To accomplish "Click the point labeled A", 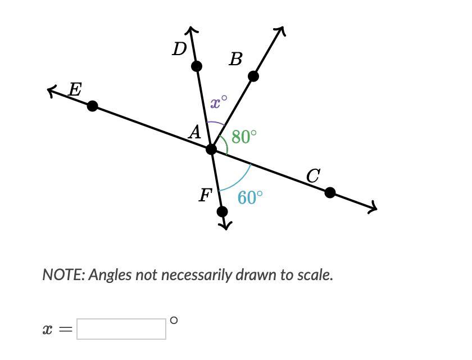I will [x=211, y=149].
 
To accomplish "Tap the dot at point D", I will [x=196, y=66].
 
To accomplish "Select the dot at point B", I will [x=253, y=76].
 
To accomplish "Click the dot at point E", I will [x=93, y=106].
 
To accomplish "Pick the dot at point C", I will [x=330, y=193].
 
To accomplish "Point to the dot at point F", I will [x=222, y=211].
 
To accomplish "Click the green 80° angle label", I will [x=244, y=137].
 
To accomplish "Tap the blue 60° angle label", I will [x=250, y=197].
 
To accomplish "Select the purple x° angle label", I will [x=219, y=102].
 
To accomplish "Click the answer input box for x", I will [x=121, y=329].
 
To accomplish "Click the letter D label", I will [x=179, y=49].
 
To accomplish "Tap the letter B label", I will [x=235, y=59].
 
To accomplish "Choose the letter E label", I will [x=75, y=89].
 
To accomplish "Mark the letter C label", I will [x=313, y=176].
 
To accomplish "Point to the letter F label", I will [x=205, y=195].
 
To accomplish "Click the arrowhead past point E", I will [x=52, y=91].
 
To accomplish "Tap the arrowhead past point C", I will [x=373, y=208].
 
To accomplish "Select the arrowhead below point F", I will [x=225, y=226].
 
